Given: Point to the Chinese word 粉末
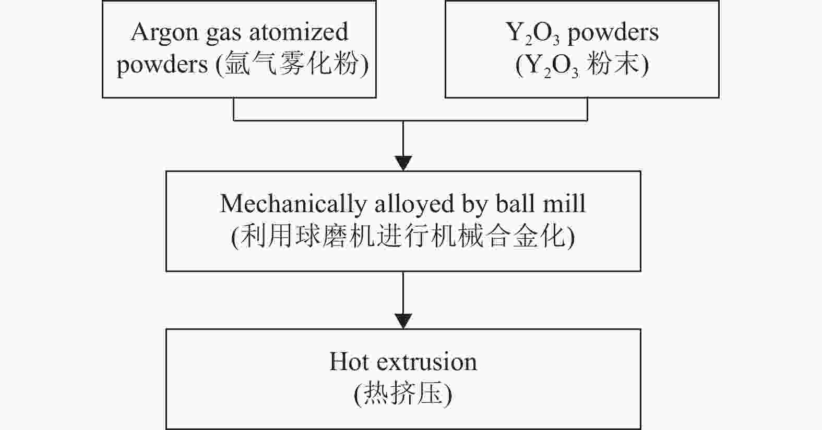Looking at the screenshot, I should [613, 65].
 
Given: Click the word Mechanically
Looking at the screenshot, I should [292, 204].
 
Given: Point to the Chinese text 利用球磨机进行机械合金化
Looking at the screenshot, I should [403, 237].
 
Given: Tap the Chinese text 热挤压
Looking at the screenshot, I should [403, 394].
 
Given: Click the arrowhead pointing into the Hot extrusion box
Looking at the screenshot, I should [403, 321].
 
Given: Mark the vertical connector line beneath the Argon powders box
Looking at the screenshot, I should [233, 109].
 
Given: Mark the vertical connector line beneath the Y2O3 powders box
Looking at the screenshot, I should [588, 109].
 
